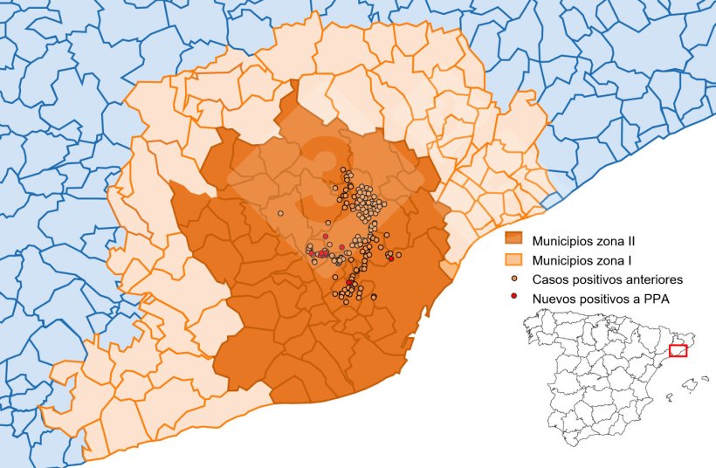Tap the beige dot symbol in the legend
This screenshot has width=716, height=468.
point(513,279)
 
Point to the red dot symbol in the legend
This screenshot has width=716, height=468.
point(513,299)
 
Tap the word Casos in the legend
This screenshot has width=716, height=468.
point(551,279)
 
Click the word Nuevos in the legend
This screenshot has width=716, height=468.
point(556,299)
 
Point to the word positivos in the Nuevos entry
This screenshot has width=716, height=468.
point(612,299)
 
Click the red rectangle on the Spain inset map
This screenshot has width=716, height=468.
point(678,351)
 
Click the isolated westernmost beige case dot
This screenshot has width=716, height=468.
point(280,212)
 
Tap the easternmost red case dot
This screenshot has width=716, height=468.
point(390,258)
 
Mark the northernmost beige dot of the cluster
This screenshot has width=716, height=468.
point(344,169)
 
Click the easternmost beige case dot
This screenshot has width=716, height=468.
point(399,255)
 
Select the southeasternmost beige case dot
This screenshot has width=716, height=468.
point(374,297)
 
